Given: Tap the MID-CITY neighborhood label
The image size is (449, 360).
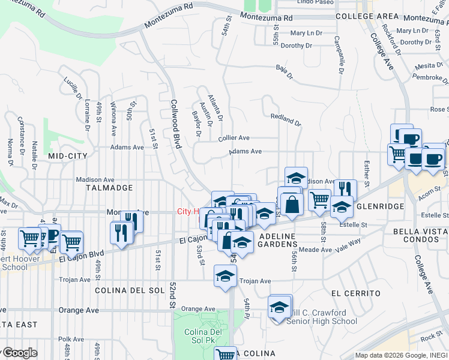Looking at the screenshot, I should [x=68, y=156].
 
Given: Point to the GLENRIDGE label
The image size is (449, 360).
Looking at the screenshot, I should [x=379, y=206].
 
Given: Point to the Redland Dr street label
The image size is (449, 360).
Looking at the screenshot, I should [x=286, y=119].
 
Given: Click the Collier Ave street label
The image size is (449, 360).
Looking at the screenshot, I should [x=234, y=138].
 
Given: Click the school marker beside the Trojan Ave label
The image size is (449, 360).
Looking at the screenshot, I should [x=225, y=277].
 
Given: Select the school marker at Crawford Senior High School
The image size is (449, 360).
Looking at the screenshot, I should [x=279, y=307].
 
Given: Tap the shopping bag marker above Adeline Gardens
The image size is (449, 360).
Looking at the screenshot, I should [x=292, y=203].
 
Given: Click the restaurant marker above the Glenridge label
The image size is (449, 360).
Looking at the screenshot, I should [x=345, y=189].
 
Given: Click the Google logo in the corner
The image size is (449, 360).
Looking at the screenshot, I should [x=19, y=353].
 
